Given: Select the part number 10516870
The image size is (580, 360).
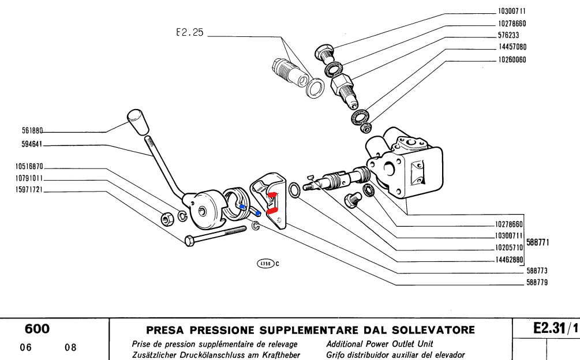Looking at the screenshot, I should pyautogui.click(x=23, y=167).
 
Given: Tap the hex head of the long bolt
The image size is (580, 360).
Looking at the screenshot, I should pyautogui.click(x=188, y=241).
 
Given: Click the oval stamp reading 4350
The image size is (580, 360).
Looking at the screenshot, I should pyautogui.click(x=265, y=264).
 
